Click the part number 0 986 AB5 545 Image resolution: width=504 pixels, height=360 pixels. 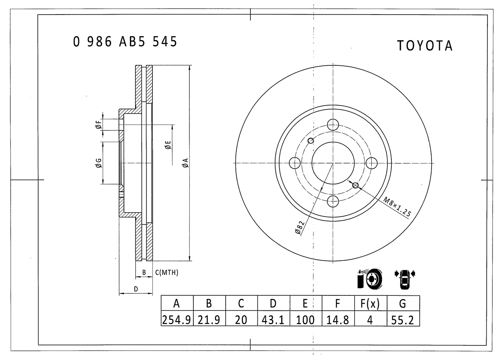click(x=125, y=42)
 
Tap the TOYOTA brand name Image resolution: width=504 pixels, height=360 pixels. click(x=424, y=46)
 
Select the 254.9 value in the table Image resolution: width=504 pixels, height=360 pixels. click(x=177, y=320)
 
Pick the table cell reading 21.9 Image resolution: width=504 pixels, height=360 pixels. click(x=209, y=320)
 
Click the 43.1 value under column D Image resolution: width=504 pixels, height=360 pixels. click(x=273, y=320)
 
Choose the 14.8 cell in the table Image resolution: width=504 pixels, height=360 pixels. click(x=337, y=320)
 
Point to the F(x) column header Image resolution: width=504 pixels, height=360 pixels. click(x=370, y=304)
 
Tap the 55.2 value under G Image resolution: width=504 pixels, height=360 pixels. click(x=402, y=320)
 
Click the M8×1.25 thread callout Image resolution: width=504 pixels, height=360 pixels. click(x=397, y=207)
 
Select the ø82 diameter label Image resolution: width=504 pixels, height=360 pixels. click(x=300, y=228)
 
